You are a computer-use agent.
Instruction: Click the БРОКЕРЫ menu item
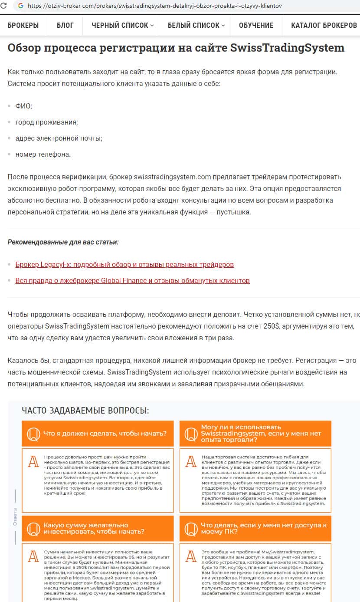pyautogui.click(x=23, y=25)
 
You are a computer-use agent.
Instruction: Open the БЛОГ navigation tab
pyautogui.click(x=65, y=25)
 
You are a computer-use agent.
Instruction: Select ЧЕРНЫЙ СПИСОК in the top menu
pyautogui.click(x=120, y=25)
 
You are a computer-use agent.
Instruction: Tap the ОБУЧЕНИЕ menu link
pyautogui.click(x=256, y=25)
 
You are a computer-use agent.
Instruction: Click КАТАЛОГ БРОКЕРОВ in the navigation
pyautogui.click(x=324, y=25)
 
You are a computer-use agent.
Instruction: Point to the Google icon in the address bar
pyautogui.click(x=20, y=6)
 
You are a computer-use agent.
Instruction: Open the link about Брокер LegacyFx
pyautogui.click(x=124, y=264)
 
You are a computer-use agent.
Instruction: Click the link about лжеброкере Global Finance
pyautogui.click(x=132, y=280)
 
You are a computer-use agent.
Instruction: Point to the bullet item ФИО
pyautogui.click(x=23, y=105)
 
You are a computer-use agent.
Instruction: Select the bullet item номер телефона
pyautogui.click(x=43, y=154)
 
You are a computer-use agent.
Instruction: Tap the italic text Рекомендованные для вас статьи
pyautogui.click(x=63, y=242)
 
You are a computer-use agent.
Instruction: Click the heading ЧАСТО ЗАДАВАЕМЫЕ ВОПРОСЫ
pyautogui.click(x=85, y=410)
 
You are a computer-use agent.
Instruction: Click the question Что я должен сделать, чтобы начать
pyautogui.click(x=105, y=433)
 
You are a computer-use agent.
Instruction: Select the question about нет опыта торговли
pyautogui.click(x=261, y=433)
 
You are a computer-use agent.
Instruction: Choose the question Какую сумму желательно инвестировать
pyautogui.click(x=94, y=528)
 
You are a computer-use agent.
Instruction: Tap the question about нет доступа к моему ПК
pyautogui.click(x=263, y=528)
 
